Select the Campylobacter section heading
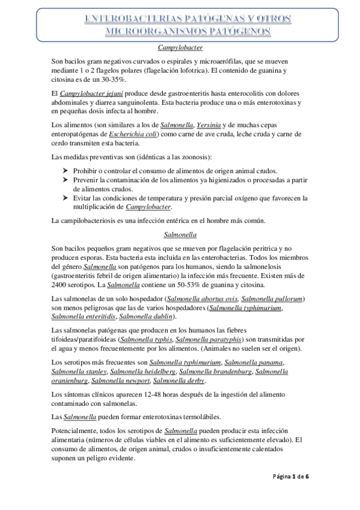click(x=180, y=46)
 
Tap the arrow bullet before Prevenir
click(x=66, y=180)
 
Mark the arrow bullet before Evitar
click(x=66, y=198)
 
